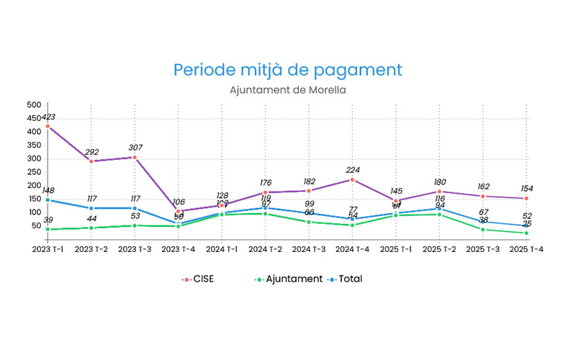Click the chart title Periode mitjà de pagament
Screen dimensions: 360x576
tap(287, 71)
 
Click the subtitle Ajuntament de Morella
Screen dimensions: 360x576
tap(287, 91)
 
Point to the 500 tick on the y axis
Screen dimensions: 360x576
tap(33, 105)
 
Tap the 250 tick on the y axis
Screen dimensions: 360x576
tap(33, 172)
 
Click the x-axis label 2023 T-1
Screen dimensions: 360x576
tap(48, 249)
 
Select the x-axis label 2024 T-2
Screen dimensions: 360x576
tap(265, 249)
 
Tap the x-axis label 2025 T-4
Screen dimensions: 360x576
tap(526, 249)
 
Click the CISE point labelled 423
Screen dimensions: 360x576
tap(48, 126)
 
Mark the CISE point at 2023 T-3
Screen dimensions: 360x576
tap(135, 157)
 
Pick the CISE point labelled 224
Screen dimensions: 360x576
tap(352, 179)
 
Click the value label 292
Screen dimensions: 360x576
tap(91, 153)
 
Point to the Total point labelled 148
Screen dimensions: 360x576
tap(48, 199)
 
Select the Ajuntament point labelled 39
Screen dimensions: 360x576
tap(48, 229)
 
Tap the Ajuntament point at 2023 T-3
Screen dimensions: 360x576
tap(135, 225)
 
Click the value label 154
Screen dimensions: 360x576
tap(526, 188)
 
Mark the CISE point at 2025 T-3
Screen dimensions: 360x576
tap(482, 196)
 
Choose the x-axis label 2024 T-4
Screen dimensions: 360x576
tap(352, 249)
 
